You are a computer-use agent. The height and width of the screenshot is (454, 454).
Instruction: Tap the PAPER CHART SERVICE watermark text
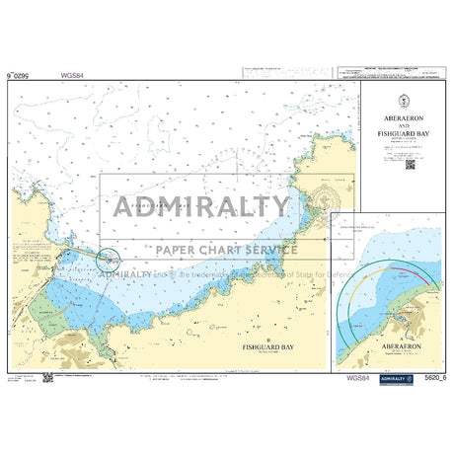(219, 249)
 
